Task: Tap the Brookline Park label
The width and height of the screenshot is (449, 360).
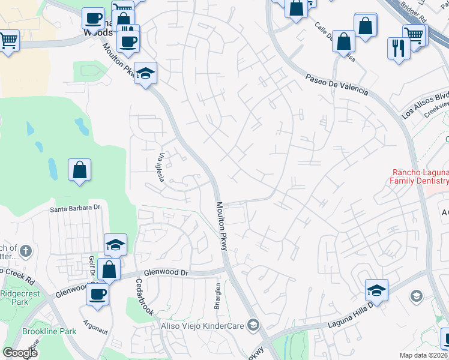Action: [49, 331]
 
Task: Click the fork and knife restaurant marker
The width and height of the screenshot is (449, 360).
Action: [399, 47]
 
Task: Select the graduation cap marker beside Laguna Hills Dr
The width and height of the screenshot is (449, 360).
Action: [376, 290]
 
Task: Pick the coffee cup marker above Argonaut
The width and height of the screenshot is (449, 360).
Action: [98, 293]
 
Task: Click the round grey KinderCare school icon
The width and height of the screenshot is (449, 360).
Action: [254, 325]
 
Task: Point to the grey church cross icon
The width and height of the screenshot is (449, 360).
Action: [25, 250]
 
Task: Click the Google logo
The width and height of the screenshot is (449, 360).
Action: [20, 353]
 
